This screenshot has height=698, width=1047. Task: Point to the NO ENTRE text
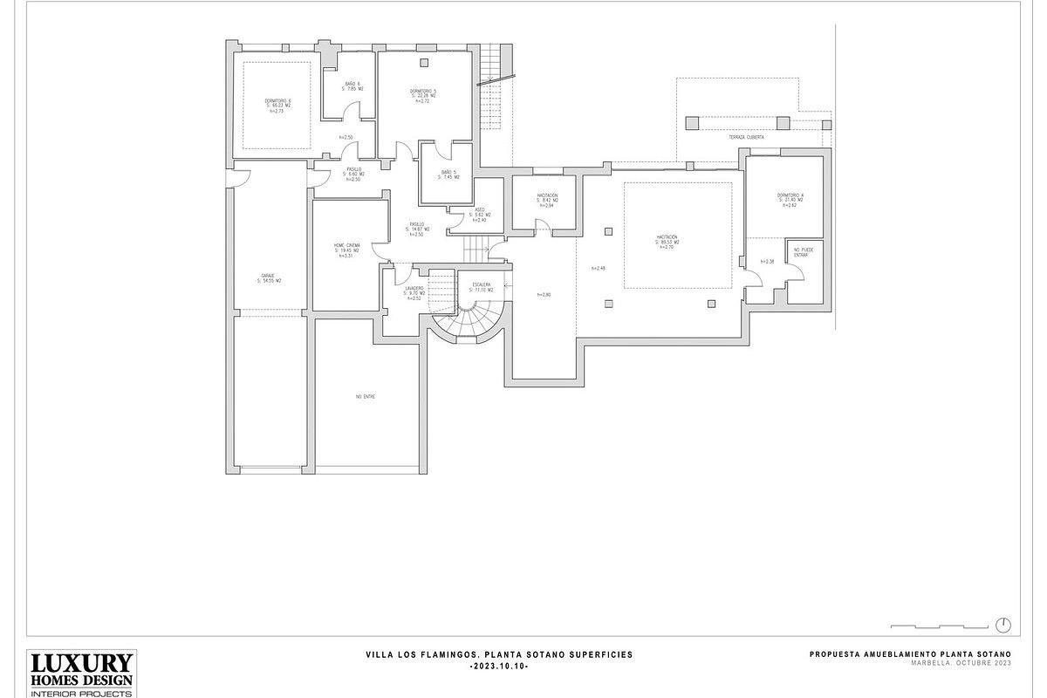[x=365, y=396]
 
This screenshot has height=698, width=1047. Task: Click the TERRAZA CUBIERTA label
[x=747, y=138]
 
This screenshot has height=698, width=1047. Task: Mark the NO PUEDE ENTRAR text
[x=801, y=253]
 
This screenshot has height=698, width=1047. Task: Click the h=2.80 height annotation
[x=543, y=295]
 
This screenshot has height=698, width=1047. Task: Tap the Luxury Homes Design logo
[x=81, y=673]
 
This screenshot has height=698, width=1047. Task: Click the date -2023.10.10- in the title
[x=498, y=666]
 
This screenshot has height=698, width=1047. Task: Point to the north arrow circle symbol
[x=1003, y=624]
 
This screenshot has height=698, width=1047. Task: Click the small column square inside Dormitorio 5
[x=424, y=61]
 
